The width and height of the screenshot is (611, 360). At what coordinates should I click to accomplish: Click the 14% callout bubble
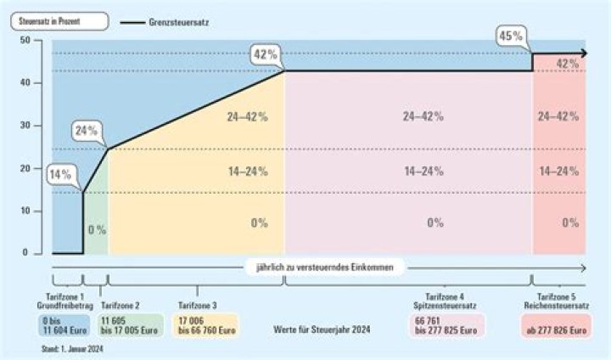click(x=59, y=175)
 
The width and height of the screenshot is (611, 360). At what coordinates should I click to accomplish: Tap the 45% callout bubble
click(x=510, y=36)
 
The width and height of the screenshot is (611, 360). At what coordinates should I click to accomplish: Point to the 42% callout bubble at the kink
click(x=265, y=55)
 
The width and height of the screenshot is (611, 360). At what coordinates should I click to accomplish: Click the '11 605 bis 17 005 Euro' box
click(x=130, y=325)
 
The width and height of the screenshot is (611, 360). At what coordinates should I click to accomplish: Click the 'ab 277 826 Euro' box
click(x=555, y=329)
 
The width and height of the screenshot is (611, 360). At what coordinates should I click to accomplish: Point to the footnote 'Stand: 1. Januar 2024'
click(x=72, y=348)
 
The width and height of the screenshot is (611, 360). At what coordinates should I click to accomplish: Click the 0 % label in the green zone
click(x=96, y=229)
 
